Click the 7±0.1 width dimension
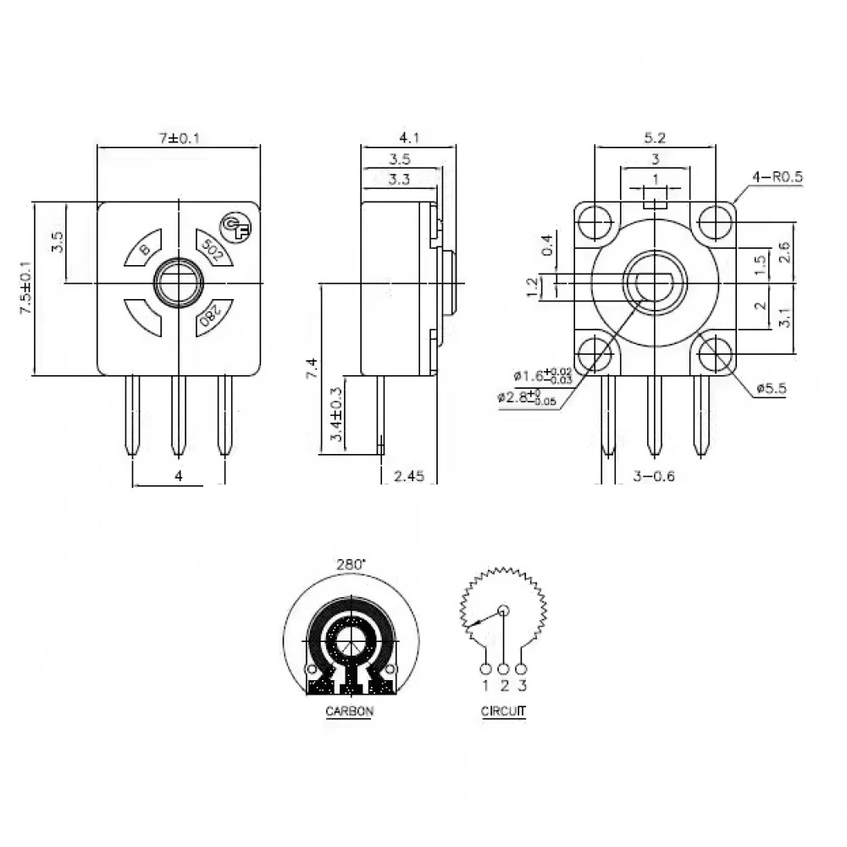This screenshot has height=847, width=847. pyautogui.click(x=178, y=138)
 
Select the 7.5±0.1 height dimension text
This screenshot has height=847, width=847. pyautogui.click(x=25, y=288)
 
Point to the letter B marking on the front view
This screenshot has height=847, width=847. pyautogui.click(x=145, y=248)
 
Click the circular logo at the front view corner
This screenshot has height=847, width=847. pyautogui.click(x=234, y=225)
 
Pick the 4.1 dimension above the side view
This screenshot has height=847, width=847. pyautogui.click(x=409, y=136)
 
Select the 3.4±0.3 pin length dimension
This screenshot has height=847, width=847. pyautogui.click(x=335, y=415)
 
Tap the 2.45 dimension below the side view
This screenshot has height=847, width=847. pyautogui.click(x=409, y=477)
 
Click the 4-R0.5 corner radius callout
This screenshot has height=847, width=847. pyautogui.click(x=777, y=177)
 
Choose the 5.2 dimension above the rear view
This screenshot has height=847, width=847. pyautogui.click(x=656, y=136)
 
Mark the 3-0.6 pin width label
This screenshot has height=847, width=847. pyautogui.click(x=654, y=477)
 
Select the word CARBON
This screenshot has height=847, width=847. pyautogui.click(x=349, y=711)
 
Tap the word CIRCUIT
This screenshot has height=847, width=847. pyautogui.click(x=503, y=711)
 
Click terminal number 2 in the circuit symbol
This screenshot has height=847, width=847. pyautogui.click(x=504, y=684)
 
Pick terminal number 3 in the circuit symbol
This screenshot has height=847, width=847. pyautogui.click(x=523, y=684)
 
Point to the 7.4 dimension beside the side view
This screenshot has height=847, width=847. pyautogui.click(x=312, y=369)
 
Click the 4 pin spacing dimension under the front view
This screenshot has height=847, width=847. pyautogui.click(x=178, y=477)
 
